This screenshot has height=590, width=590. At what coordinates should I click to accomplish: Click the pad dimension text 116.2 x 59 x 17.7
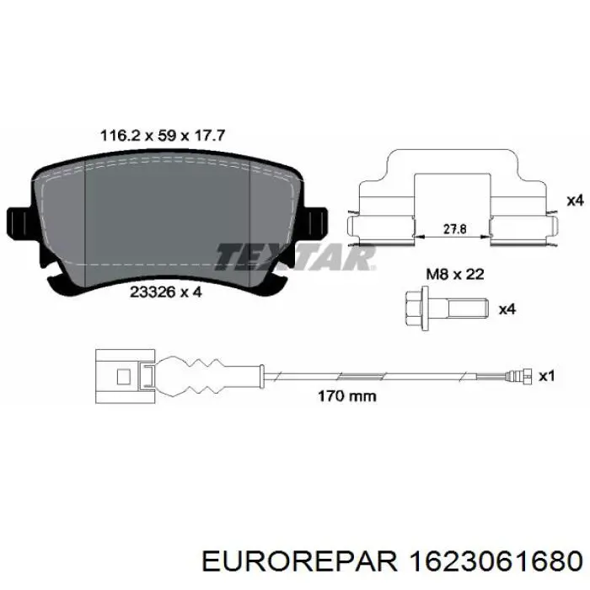click(x=163, y=136)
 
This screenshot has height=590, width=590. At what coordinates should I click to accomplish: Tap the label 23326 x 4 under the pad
click(x=166, y=292)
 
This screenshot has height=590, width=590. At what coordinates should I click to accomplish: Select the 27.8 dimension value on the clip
click(x=455, y=228)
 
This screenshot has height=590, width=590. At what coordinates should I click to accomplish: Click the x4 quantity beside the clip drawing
click(x=575, y=201)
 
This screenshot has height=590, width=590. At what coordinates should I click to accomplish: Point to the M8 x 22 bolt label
click(x=455, y=274)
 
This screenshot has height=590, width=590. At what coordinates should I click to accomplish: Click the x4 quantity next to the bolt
click(x=507, y=309)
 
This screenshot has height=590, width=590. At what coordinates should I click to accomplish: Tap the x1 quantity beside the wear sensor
click(x=547, y=376)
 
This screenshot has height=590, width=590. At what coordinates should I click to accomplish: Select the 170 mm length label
click(x=347, y=396)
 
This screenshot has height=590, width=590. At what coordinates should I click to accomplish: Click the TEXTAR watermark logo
click(x=295, y=257)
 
